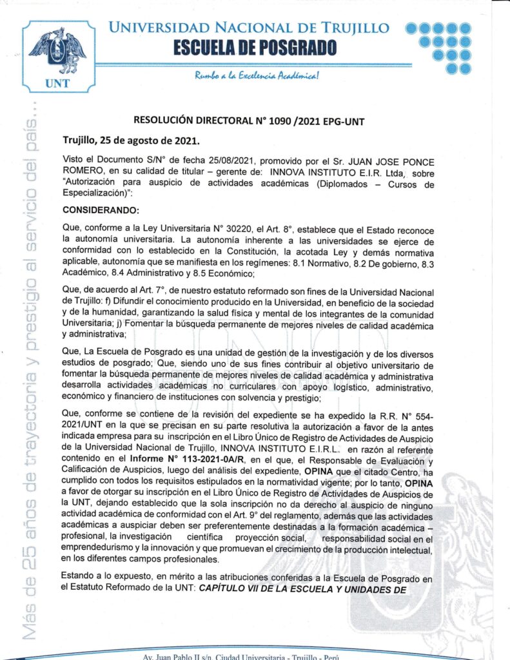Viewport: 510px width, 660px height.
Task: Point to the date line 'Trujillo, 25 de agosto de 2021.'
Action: coord(131,139)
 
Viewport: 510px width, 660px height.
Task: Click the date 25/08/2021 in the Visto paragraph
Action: coord(208,159)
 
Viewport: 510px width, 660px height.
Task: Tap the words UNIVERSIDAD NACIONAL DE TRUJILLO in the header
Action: coord(249,28)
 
